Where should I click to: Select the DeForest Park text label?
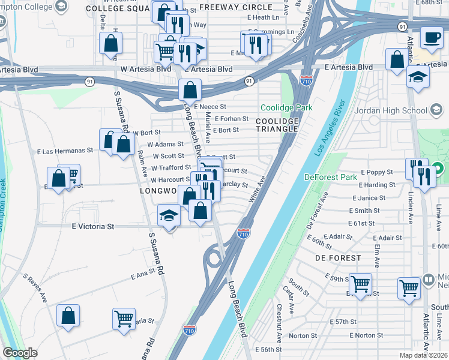[x=331, y=177]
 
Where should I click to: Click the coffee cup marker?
[x=431, y=38]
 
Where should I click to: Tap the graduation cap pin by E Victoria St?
[x=169, y=215]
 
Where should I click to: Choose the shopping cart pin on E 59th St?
[x=360, y=284]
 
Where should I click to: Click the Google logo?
[x=20, y=353]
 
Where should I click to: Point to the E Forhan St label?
[x=231, y=119]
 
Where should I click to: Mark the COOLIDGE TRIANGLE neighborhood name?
[x=277, y=125]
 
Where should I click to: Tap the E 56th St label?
[x=268, y=349]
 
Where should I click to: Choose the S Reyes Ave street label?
[x=35, y=288]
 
